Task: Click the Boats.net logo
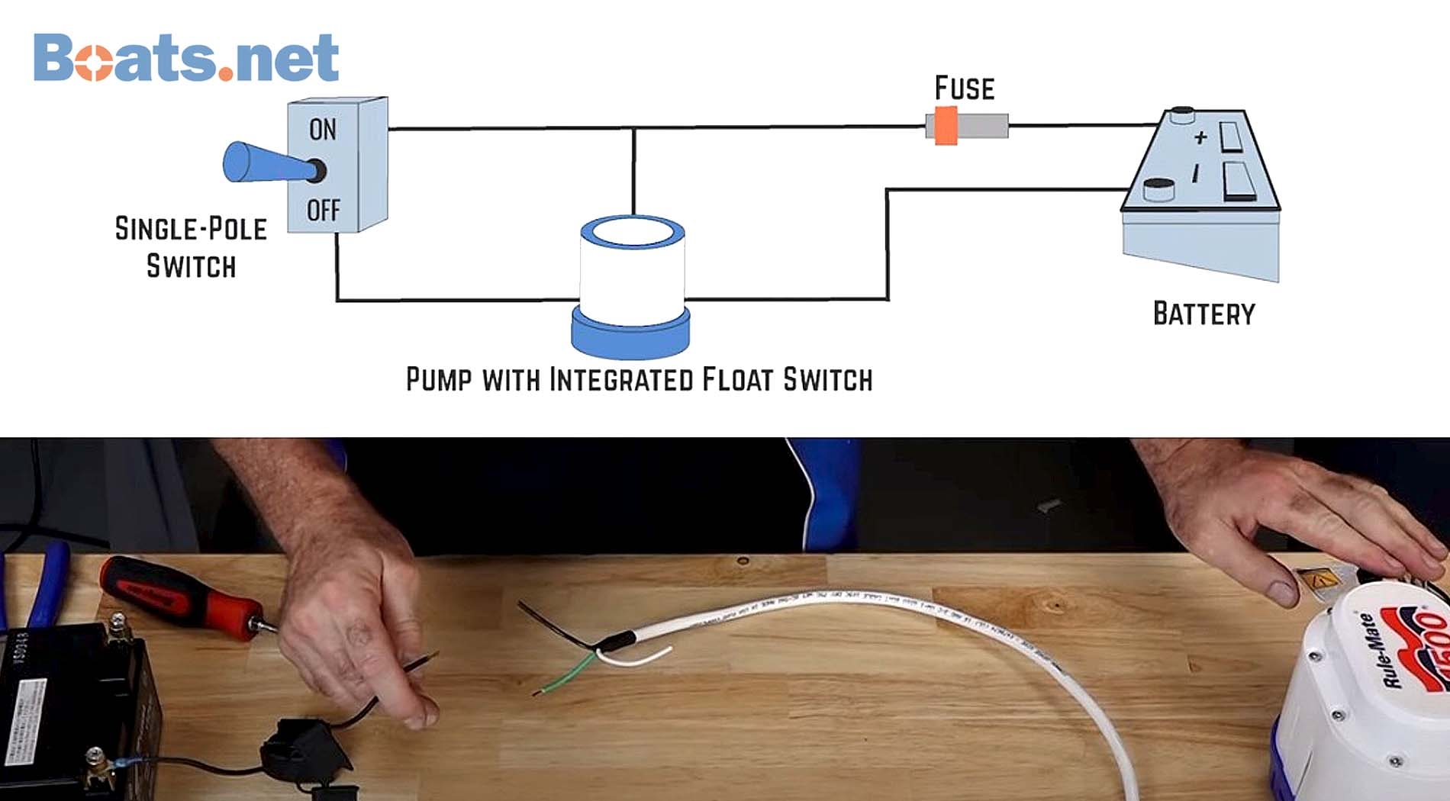point(185,57)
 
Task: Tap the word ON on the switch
point(322,130)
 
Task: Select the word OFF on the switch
point(323,210)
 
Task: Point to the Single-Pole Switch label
point(191,247)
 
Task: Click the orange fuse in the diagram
point(946,126)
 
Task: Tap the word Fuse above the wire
point(965,88)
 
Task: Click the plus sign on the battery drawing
point(1200,137)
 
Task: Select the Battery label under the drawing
point(1203,314)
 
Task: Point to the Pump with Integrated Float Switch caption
point(639,380)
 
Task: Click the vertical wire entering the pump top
point(633,172)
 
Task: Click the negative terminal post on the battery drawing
point(1159,188)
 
